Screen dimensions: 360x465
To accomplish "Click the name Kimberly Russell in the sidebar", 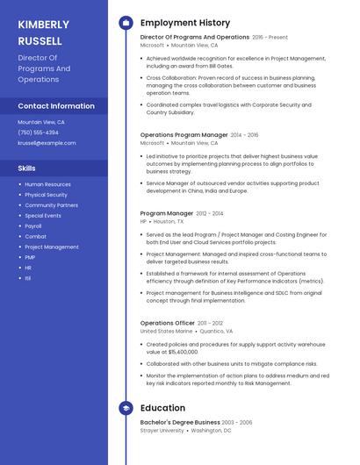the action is tap(43, 32).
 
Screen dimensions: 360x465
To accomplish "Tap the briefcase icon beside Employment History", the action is tap(126, 23).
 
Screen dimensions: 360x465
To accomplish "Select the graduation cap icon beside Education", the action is tap(126, 408).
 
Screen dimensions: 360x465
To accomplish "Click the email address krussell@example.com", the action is tap(47, 143).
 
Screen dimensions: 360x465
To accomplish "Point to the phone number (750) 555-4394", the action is tap(38, 132).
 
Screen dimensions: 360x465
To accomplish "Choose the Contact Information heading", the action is tap(56, 106).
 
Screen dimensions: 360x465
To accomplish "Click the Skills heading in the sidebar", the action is tap(27, 168).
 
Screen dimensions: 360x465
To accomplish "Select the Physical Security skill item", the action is tap(46, 195).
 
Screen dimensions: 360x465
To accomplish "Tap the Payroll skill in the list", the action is tap(33, 226).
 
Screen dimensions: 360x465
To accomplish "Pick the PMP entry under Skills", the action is tap(30, 257).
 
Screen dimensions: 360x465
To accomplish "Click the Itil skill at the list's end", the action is tap(28, 278).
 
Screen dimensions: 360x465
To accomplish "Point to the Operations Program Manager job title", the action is tap(184, 135).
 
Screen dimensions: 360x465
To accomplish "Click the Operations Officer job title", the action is tap(167, 323).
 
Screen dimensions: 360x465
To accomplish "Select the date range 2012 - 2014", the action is tap(209, 213).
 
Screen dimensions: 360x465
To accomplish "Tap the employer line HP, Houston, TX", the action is tap(162, 222).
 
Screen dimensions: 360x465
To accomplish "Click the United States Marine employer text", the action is tap(166, 332).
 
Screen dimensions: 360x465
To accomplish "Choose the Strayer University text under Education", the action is tap(162, 431).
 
